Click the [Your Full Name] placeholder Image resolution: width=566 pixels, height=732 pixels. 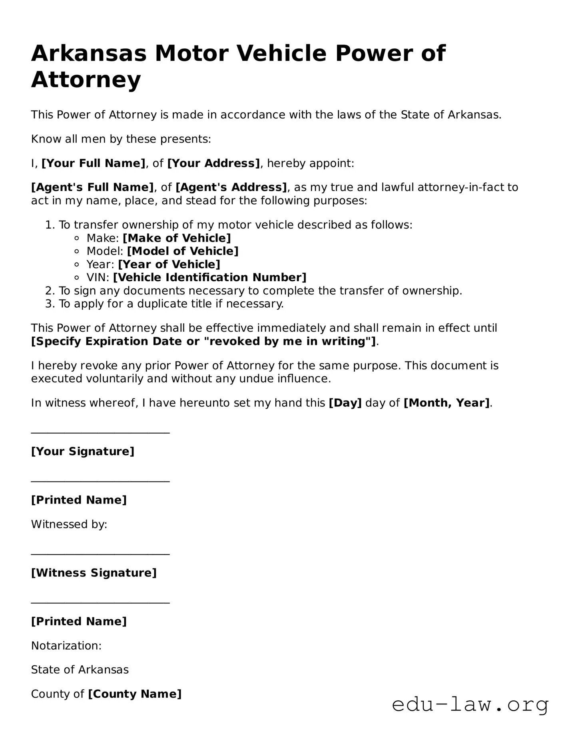94,163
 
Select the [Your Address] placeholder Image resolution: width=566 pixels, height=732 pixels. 213,163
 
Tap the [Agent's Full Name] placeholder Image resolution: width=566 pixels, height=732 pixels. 92,187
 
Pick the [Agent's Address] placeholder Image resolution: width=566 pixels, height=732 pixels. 231,187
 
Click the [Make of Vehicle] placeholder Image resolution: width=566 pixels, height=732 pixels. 177,238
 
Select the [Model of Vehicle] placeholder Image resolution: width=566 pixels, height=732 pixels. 183,251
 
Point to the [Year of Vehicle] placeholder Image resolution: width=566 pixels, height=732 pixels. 169,265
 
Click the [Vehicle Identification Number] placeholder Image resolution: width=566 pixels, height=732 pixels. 209,278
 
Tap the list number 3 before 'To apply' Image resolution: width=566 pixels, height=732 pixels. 49,304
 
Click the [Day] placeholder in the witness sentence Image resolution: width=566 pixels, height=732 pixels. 345,403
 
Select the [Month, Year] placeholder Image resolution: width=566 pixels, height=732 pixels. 446,403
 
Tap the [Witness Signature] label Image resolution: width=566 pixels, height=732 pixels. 94,573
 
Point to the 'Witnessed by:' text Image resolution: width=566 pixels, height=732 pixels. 69,524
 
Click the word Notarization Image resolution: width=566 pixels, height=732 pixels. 66,646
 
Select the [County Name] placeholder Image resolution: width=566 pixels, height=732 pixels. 135,694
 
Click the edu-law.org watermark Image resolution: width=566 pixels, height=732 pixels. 470,705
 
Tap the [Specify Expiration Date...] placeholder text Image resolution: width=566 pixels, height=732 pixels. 203,342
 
